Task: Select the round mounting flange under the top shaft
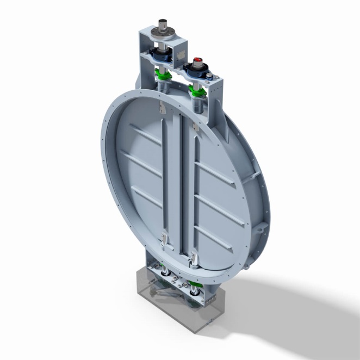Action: click(163, 36)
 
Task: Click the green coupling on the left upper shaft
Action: click(163, 73)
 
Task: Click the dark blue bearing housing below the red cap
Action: click(197, 70)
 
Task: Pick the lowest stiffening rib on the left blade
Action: click(145, 197)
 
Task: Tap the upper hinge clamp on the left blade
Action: click(162, 109)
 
